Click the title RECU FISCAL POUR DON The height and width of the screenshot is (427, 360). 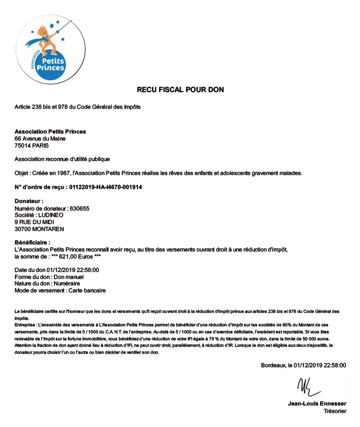click(180, 89)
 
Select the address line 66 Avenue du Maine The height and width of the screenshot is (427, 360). click(40, 138)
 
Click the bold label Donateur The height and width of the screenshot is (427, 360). click(29, 201)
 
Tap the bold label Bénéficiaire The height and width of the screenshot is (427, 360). click(32, 242)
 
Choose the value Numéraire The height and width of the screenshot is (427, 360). click(66, 283)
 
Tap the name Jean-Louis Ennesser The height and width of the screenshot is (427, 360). click(317, 403)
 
